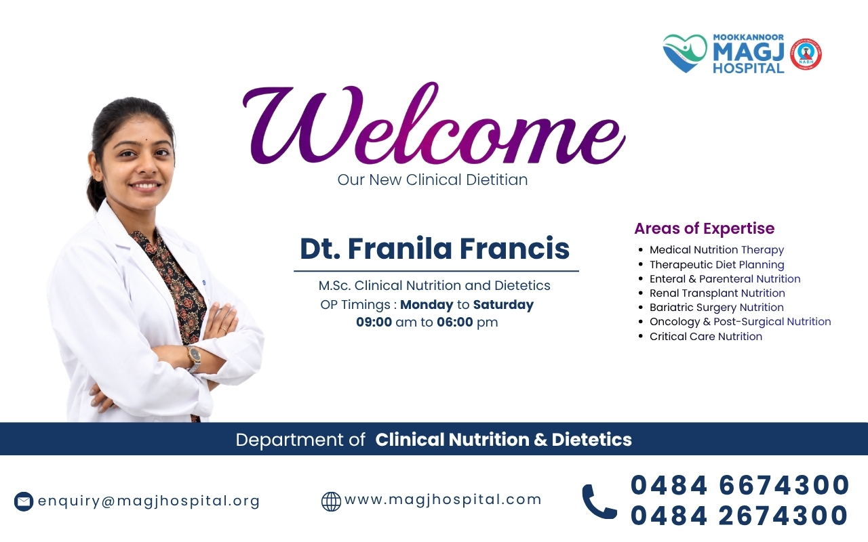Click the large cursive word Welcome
434,124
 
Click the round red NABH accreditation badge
806,54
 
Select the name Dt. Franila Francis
435,249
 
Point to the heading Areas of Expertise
705,228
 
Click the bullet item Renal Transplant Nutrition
717,293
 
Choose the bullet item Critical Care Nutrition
706,337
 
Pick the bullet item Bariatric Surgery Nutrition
717,308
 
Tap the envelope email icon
24,502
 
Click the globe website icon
332,502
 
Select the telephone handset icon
599,502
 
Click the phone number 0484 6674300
740,485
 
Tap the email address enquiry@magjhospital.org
149,501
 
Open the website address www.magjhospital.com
443,500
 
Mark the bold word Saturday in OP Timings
503,305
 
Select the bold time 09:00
374,322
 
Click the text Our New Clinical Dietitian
433,180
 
